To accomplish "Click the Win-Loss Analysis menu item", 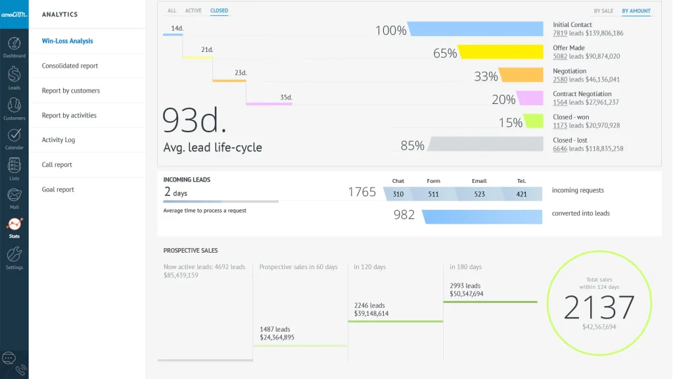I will point(68,41).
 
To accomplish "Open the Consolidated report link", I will point(70,66).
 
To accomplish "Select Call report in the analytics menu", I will point(57,164).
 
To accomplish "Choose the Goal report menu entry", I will point(58,189).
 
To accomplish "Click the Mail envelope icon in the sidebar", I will point(14,195).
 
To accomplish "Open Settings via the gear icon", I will point(14,254).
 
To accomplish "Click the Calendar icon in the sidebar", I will point(14,135).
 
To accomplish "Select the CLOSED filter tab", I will point(219,11).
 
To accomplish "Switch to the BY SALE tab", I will point(603,11).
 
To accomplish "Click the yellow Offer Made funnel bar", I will point(500,53).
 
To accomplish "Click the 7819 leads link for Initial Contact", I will point(559,33).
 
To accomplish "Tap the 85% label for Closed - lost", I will point(412,145).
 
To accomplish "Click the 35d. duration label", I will point(286,97).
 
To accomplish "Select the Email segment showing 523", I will point(479,194).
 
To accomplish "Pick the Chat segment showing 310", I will point(398,194).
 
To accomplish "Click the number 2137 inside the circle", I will point(599,307).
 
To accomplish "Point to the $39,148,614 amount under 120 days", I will point(371,314).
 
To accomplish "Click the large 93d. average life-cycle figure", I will point(195,120).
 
